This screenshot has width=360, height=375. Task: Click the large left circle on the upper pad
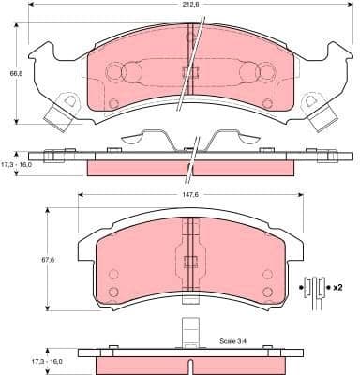pos(116,72)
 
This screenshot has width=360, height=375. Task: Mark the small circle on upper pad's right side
pos(267,103)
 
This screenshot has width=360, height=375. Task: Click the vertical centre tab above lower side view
pos(190,334)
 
